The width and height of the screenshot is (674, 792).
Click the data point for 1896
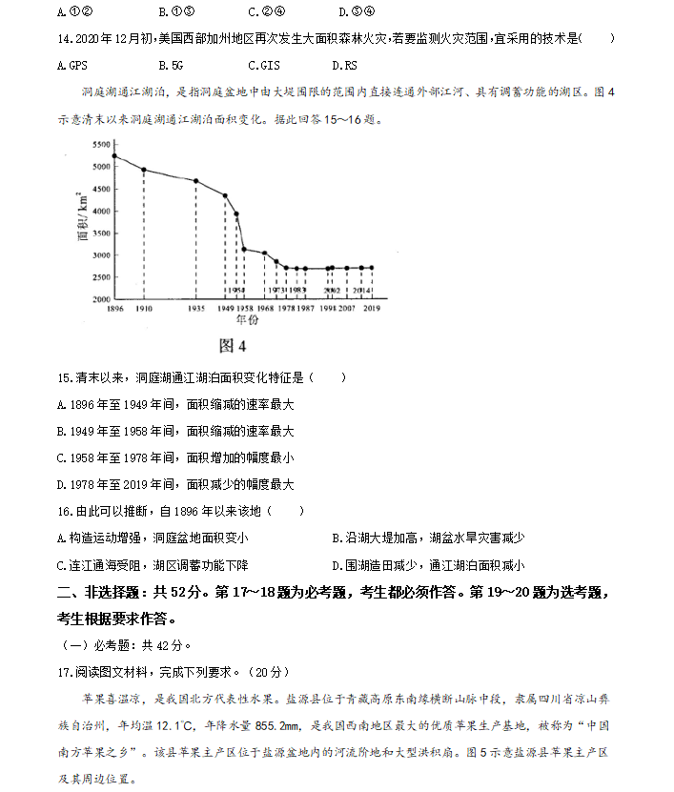[114, 155]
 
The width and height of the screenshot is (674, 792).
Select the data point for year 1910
[144, 170]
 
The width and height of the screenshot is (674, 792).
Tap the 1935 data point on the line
[196, 180]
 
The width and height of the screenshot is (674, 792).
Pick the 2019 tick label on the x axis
[372, 310]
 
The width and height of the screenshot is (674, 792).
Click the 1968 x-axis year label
[265, 310]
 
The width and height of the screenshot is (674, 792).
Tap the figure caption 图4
[233, 345]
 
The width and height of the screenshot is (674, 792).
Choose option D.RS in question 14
[345, 65]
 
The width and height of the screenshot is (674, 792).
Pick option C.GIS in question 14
[263, 65]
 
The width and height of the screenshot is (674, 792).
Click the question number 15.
[64, 377]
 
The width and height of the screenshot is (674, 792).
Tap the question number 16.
[64, 511]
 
